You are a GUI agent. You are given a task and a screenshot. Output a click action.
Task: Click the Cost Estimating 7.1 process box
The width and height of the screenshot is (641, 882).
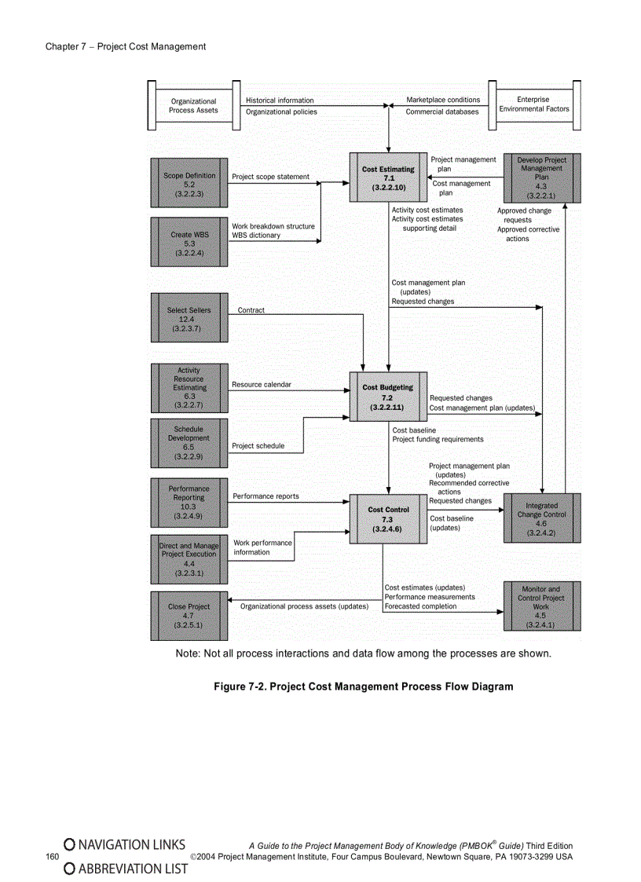pyautogui.click(x=388, y=179)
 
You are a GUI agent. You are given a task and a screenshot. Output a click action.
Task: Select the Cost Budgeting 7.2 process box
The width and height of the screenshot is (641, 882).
pyautogui.click(x=388, y=397)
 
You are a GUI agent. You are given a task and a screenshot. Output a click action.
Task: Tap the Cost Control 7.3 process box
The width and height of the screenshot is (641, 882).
pyautogui.click(x=388, y=519)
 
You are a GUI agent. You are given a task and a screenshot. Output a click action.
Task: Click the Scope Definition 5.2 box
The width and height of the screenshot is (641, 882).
pyautogui.click(x=189, y=184)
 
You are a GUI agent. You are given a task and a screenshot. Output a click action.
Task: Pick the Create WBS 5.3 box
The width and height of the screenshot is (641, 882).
pyautogui.click(x=189, y=243)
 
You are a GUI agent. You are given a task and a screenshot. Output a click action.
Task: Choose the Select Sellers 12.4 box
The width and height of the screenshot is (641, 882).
pyautogui.click(x=189, y=319)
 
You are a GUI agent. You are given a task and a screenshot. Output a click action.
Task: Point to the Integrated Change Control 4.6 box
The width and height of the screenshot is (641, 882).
pyautogui.click(x=541, y=518)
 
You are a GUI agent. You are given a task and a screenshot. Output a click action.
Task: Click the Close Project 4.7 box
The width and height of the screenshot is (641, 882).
pyautogui.click(x=189, y=616)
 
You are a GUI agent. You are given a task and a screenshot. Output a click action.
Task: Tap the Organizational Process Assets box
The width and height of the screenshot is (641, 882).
pyautogui.click(x=193, y=105)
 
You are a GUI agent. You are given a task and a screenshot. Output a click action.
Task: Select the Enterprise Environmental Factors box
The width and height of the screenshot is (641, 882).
pyautogui.click(x=534, y=104)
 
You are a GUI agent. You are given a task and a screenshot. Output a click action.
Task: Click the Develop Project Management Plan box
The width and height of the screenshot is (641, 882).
pyautogui.click(x=541, y=178)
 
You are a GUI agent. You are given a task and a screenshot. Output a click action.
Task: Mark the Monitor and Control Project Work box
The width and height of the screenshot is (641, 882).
pyautogui.click(x=541, y=606)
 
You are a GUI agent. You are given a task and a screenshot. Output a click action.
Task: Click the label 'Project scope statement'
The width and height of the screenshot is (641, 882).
pyautogui.click(x=270, y=177)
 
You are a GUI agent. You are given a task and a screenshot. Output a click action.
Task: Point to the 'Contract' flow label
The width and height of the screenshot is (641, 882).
pyautogui.click(x=251, y=310)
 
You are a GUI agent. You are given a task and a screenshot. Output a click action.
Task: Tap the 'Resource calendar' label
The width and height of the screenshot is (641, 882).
pyautogui.click(x=261, y=385)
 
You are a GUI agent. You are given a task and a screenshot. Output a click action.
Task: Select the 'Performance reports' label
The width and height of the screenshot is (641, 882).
pyautogui.click(x=266, y=496)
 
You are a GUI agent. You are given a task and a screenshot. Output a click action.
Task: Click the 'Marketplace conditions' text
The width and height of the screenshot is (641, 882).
pyautogui.click(x=443, y=100)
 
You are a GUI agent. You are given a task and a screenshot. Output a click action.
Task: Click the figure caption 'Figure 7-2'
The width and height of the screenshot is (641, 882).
pyautogui.click(x=364, y=686)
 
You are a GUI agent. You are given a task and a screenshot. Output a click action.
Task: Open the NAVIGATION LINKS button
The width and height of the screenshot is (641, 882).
pyautogui.click(x=125, y=844)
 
